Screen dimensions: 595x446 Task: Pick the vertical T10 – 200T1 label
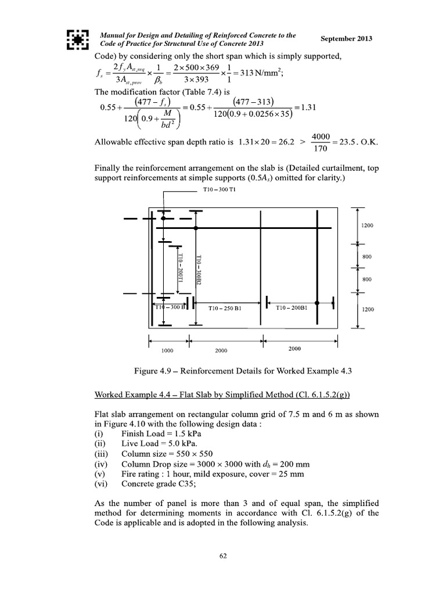[180, 268]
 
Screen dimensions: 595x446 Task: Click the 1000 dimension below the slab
[168, 351]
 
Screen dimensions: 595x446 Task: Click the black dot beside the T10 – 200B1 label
[316, 303]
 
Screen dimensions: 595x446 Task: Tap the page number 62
[223, 556]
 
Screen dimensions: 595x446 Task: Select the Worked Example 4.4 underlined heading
[222, 395]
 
